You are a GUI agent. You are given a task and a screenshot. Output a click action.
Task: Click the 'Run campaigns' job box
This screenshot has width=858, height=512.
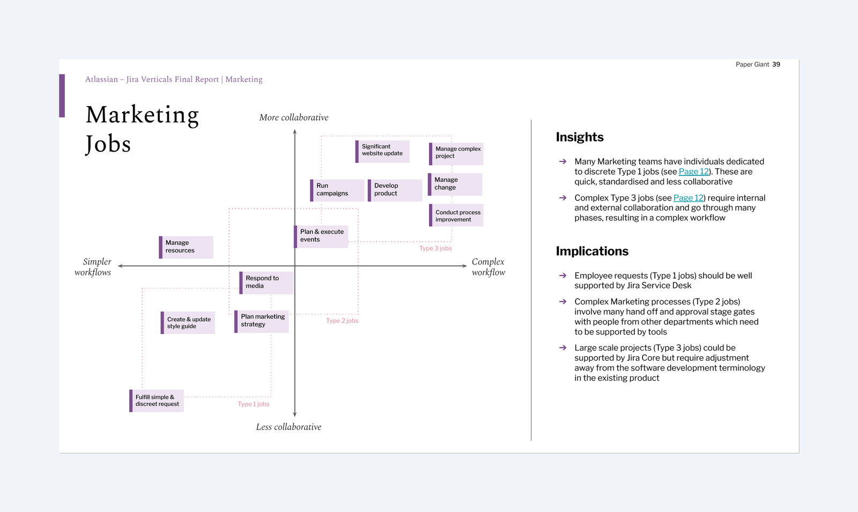tap(337, 190)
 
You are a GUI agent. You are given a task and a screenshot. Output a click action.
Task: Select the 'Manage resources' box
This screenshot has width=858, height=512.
tap(186, 247)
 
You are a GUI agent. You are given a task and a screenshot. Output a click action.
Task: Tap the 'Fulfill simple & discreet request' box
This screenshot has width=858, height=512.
tap(157, 401)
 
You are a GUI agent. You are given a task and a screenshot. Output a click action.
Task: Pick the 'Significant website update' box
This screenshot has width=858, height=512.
tap(382, 151)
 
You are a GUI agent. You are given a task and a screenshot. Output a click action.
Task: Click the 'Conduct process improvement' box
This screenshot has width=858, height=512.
tap(456, 216)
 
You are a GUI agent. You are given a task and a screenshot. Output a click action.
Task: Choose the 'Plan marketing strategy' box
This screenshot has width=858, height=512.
tap(262, 321)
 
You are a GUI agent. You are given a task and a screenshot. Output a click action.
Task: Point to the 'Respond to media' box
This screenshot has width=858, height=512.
tap(267, 283)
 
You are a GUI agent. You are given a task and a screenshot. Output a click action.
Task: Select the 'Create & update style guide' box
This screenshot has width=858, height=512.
tap(188, 323)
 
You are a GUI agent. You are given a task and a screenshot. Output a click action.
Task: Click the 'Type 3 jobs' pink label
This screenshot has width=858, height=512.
tap(435, 248)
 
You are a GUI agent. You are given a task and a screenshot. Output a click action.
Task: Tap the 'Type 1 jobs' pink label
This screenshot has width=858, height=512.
tap(254, 404)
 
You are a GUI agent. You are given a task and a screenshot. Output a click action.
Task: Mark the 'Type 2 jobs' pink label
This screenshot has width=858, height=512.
tap(342, 321)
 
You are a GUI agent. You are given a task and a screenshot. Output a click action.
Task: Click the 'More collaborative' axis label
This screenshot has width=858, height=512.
tap(294, 117)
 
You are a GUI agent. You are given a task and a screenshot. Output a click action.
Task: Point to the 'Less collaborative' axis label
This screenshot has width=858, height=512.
tap(289, 427)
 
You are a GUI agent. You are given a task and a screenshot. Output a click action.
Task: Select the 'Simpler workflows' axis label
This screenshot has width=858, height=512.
tap(93, 267)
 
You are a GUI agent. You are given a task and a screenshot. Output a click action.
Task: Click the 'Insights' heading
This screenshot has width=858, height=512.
tap(580, 137)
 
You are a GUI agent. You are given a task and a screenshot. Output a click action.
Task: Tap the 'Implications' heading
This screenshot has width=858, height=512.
tap(592, 251)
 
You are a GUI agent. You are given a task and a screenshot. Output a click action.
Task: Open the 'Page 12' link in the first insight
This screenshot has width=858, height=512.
tap(693, 172)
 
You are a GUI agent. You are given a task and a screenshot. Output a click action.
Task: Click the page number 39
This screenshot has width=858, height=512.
tap(776, 64)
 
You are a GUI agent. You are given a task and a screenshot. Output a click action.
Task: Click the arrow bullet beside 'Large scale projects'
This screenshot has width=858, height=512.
tap(563, 348)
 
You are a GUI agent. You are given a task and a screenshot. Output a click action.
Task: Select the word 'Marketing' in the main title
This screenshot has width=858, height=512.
tap(143, 115)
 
